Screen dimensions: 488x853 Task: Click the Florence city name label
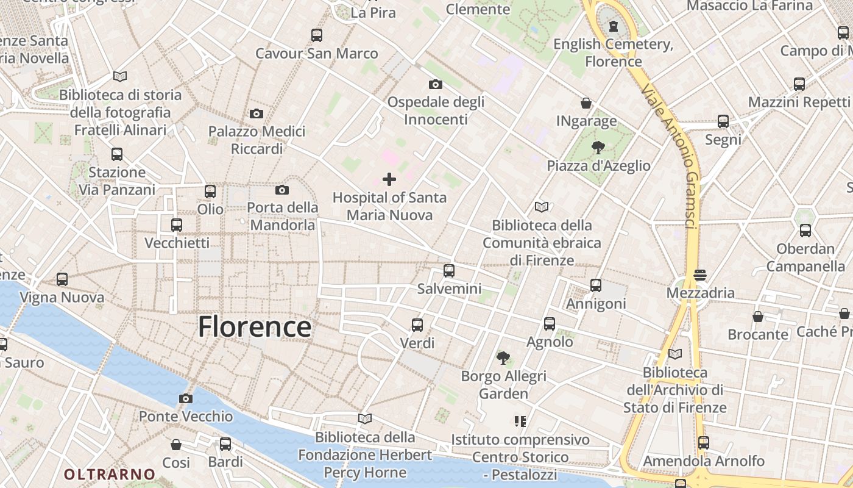tap(255, 327)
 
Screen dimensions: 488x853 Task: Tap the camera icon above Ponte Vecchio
tap(186, 398)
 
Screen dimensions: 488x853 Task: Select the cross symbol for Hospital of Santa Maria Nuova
tap(389, 179)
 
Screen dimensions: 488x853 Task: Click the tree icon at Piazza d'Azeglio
tap(598, 147)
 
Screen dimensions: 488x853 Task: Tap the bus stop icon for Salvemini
tap(449, 270)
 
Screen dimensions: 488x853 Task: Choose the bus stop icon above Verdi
tap(417, 325)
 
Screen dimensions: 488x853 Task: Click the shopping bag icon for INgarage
tap(586, 103)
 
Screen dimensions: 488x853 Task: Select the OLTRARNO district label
tap(110, 474)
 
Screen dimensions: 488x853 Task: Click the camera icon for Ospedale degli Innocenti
tap(435, 84)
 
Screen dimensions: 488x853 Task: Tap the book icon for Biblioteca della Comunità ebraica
tap(542, 207)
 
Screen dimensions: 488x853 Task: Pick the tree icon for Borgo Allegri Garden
tap(503, 357)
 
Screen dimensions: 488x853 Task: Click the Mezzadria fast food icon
tap(699, 274)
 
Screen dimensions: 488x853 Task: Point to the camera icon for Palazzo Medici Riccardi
tap(257, 113)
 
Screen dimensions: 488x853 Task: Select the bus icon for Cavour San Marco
tap(317, 35)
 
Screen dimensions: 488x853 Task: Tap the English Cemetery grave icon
tap(614, 26)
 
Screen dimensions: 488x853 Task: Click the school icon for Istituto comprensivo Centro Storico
tap(520, 421)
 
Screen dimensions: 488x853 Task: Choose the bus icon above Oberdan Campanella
tap(805, 231)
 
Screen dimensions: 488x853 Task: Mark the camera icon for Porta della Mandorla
tap(282, 190)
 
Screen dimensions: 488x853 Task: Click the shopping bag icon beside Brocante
tap(758, 317)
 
